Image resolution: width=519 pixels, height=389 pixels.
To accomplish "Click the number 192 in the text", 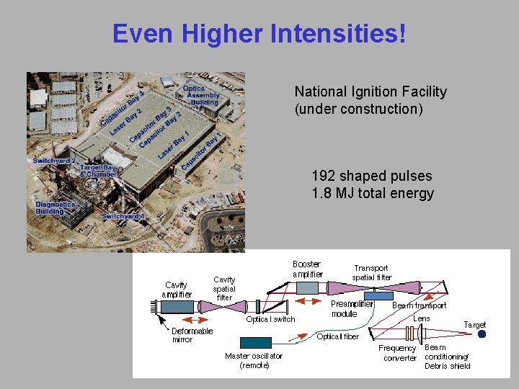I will click(323, 176).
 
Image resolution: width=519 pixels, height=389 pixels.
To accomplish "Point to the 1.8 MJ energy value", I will click(332, 193).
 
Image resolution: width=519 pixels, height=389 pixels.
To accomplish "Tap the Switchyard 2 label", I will click(54, 161).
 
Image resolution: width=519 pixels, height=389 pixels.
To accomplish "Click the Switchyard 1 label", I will click(123, 216).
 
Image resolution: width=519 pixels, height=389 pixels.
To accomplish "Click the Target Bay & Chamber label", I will click(98, 171).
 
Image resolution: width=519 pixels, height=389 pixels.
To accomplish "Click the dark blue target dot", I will click(482, 334).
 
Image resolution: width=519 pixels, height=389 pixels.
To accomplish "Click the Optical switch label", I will click(270, 319).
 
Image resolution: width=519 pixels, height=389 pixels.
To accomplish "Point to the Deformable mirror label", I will click(192, 335).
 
